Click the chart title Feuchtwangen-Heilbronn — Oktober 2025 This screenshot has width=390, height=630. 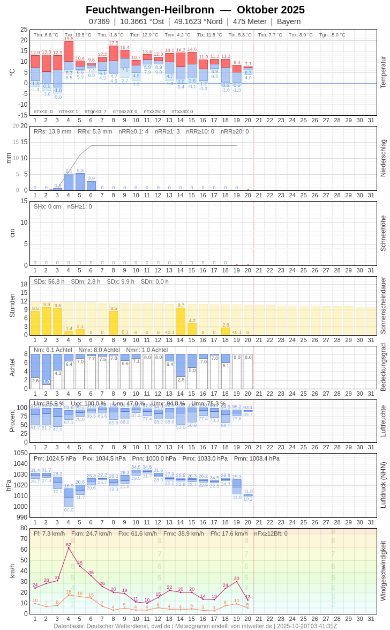(x=195, y=10)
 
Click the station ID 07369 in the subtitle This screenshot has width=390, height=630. (x=99, y=21)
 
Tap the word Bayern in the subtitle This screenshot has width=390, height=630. (x=289, y=21)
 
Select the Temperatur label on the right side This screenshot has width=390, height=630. (x=383, y=72)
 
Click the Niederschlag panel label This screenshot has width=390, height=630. (x=383, y=158)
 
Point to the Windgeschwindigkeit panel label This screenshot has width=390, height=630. (x=383, y=570)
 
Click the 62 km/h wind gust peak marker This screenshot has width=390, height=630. (x=69, y=547)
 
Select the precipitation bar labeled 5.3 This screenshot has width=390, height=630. (x=80, y=182)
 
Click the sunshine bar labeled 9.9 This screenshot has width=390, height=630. (x=46, y=321)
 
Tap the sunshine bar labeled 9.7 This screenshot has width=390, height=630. (x=181, y=321)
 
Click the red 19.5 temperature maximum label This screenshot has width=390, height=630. (x=69, y=39)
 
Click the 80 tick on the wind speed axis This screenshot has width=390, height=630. (x=24, y=528)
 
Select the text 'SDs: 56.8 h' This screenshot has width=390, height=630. (x=49, y=281)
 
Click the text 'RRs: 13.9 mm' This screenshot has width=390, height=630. (x=52, y=131)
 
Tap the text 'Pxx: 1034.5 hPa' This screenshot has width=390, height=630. (x=104, y=458)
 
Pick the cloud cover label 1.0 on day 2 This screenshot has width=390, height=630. (x=47, y=382)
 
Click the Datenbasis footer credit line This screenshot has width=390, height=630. (x=195, y=626)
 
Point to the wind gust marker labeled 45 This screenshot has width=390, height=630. (x=80, y=566)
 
